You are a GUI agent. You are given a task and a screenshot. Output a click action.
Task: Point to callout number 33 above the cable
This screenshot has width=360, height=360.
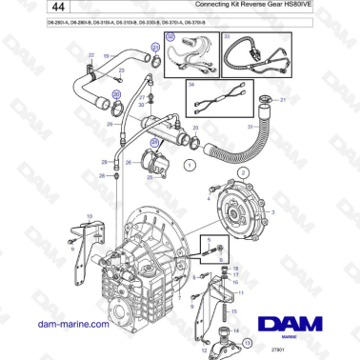tap(227, 36)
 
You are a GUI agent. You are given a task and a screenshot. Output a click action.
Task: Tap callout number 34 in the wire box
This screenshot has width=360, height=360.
tap(191, 85)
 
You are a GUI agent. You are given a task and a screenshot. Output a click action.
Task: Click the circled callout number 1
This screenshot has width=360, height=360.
tap(190, 165)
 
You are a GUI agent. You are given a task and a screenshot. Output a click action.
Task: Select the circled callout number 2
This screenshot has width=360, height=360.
tap(243, 171)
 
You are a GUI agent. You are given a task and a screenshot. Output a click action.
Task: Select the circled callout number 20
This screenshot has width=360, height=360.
tap(117, 95)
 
